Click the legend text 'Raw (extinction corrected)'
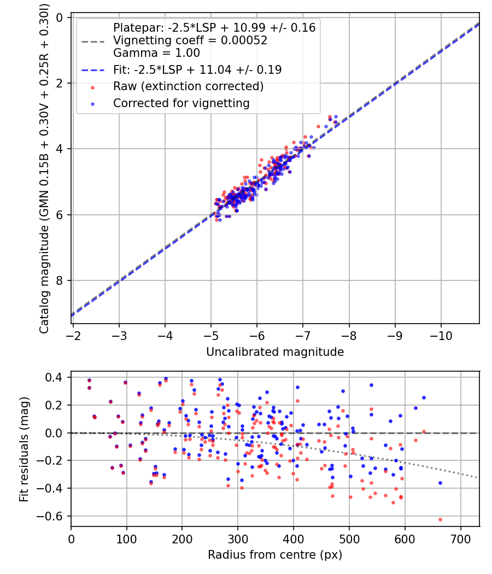click(188, 86)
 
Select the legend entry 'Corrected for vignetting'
click(181, 103)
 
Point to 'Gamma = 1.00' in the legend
click(156, 53)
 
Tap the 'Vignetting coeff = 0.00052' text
click(190, 40)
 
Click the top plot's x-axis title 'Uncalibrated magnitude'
click(275, 352)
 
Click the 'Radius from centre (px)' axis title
click(275, 555)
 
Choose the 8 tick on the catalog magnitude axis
click(61, 280)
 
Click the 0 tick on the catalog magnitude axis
click(61, 17)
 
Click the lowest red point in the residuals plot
click(440, 519)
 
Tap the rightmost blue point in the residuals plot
click(440, 483)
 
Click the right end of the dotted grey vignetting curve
click(478, 478)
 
